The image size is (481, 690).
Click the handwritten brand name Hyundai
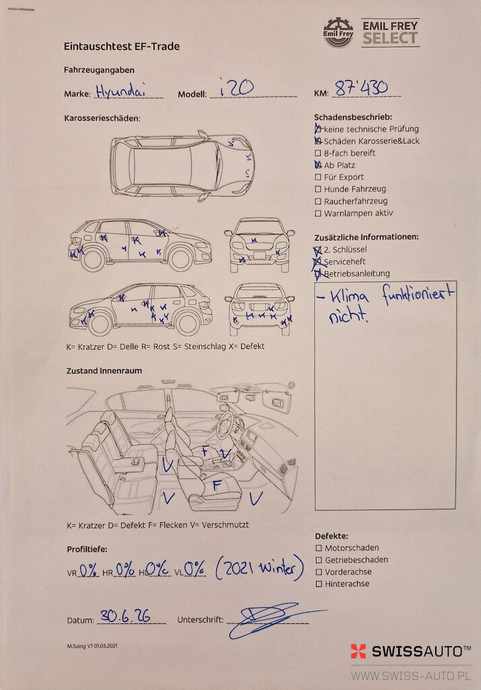(120, 90)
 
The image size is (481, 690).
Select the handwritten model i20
(236, 87)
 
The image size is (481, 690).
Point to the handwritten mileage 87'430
(361, 88)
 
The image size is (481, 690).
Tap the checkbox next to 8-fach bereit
(318, 153)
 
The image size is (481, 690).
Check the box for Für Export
(318, 177)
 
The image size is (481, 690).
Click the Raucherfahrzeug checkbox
(318, 201)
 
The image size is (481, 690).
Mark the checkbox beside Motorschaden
(319, 548)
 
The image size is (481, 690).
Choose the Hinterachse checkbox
(319, 584)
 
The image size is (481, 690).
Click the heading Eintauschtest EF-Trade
(121, 46)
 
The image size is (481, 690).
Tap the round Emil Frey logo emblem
(338, 32)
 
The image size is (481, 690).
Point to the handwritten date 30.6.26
(125, 615)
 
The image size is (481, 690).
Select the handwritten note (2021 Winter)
(259, 567)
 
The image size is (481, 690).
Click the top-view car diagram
(182, 166)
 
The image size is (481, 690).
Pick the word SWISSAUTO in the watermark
(421, 652)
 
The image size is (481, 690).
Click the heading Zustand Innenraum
(104, 371)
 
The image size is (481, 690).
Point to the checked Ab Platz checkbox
(318, 165)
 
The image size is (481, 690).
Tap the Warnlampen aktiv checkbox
(318, 214)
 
